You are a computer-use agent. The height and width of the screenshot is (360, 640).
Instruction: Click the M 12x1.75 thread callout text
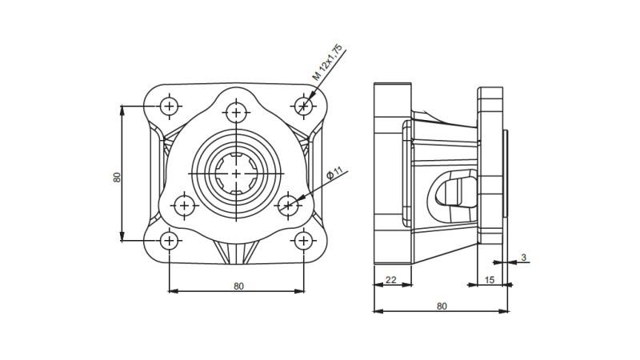(327, 63)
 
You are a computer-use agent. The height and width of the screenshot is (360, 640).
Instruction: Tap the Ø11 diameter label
(334, 174)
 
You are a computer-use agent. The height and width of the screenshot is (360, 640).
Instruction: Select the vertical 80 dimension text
(117, 177)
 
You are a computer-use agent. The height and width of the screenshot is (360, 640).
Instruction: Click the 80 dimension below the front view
(238, 286)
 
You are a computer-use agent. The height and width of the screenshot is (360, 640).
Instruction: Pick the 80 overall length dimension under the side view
(442, 306)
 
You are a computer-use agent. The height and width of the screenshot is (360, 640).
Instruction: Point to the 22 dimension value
(391, 279)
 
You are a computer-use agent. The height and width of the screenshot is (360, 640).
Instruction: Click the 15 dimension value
(490, 279)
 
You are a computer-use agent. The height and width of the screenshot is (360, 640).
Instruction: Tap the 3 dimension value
(523, 257)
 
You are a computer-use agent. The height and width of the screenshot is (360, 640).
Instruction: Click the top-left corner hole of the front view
(170, 106)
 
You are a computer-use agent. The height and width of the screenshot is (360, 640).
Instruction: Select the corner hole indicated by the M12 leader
(303, 106)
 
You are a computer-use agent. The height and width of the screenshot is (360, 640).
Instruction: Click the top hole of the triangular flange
(236, 112)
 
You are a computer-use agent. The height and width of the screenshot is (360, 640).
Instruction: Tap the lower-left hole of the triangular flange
(185, 206)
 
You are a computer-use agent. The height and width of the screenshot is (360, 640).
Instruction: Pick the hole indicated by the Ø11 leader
(288, 206)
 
